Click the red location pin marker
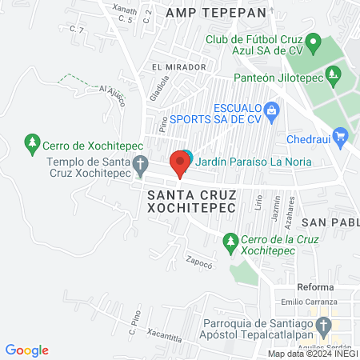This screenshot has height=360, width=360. (x=180, y=164)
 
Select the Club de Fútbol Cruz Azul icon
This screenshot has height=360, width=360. (x=314, y=42)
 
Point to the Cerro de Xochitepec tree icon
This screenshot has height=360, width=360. (x=33, y=143)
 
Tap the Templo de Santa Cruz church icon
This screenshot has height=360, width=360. (x=141, y=166)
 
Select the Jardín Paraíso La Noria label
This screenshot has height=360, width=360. (x=253, y=160)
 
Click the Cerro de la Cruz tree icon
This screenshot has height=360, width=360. (x=230, y=240)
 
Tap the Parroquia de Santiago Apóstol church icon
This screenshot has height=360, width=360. (x=323, y=326)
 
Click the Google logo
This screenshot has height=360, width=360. (x=27, y=350)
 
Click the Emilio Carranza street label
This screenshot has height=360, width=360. (x=305, y=302)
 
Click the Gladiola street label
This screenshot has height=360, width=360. (x=159, y=90)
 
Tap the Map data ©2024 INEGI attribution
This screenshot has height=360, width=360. (x=312, y=353)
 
